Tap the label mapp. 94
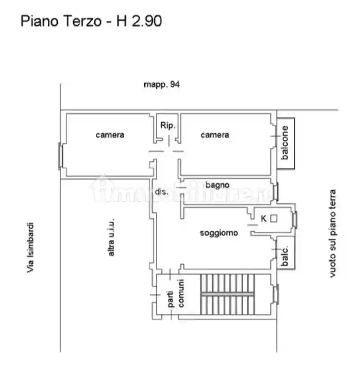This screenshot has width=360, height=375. tap(162, 84)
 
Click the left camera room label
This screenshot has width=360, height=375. tap(109, 135)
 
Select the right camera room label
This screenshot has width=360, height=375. tap(214, 135)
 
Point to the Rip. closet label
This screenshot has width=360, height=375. tap(168, 125)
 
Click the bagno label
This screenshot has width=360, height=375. tap(217, 185)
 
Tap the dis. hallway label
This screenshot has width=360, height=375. tap(162, 191)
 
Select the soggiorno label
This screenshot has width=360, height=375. tap(219, 233)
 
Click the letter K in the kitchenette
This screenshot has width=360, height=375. tap(264, 219)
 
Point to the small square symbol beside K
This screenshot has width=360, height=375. tap(273, 219)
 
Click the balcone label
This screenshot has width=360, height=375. tap(285, 143)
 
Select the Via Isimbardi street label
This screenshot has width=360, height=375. tap(31, 247)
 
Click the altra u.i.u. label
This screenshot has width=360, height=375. tap(111, 238)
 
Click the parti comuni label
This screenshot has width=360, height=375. tap(176, 293)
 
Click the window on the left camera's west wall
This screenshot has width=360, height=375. tap(60, 156)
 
